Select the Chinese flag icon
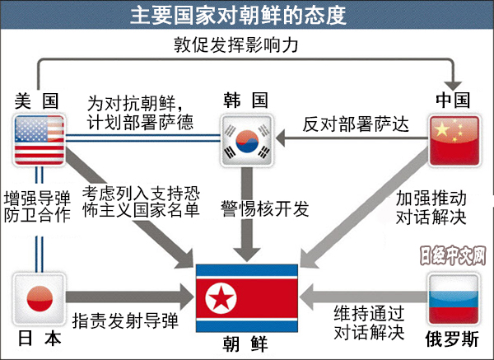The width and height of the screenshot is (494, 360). (454, 140)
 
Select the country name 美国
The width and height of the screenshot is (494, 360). (37, 101)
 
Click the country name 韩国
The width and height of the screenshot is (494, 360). (245, 101)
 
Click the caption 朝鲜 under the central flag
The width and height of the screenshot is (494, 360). (245, 342)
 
